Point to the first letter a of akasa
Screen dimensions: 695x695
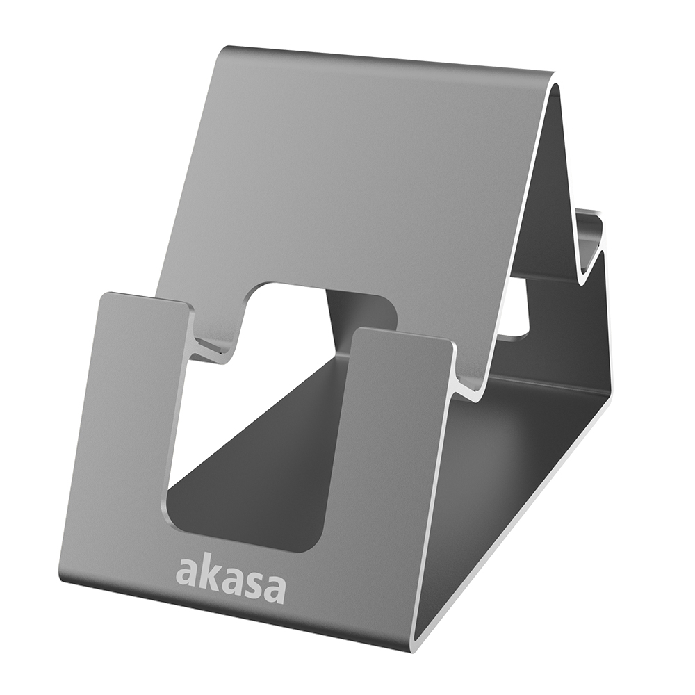pos(185,572)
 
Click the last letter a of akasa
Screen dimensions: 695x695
pos(273,587)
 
